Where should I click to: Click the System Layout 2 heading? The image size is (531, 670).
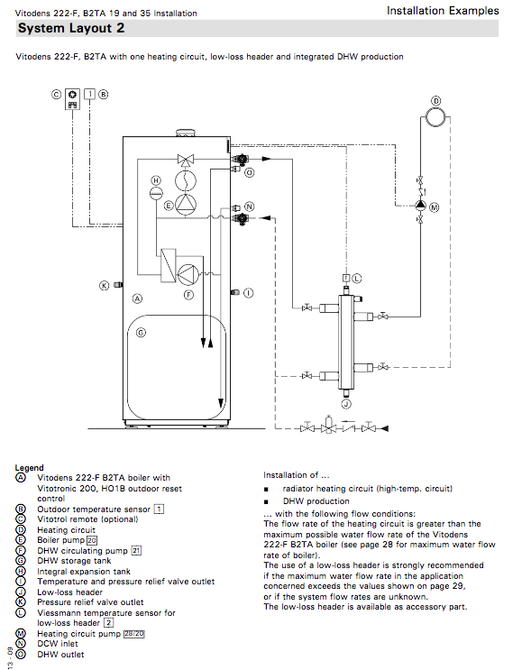click(71, 28)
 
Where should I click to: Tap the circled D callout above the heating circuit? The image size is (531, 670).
click(435, 101)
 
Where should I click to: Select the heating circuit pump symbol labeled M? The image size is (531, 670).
click(420, 206)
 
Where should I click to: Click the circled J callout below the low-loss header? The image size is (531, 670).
click(346, 404)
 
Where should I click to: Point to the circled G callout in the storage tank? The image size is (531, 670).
click(141, 332)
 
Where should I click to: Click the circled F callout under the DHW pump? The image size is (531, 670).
click(188, 294)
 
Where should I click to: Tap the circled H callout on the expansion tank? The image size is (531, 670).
click(156, 180)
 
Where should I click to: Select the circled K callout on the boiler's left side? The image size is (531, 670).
click(105, 286)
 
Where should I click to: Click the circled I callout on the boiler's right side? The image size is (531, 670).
click(249, 293)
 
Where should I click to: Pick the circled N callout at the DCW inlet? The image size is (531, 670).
click(250, 207)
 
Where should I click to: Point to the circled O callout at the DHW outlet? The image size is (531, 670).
click(250, 172)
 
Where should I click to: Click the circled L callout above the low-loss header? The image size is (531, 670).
click(357, 279)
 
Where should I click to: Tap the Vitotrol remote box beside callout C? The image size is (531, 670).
click(73, 99)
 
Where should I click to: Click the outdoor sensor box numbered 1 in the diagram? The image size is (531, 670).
click(90, 94)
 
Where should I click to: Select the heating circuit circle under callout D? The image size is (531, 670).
click(435, 117)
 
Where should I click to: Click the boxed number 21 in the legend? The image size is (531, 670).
click(136, 550)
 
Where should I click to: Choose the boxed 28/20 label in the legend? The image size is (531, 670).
click(134, 634)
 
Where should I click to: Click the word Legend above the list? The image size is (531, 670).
click(29, 468)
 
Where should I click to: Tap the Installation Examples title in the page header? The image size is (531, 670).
click(443, 11)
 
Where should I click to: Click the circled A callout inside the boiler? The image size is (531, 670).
click(137, 298)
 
